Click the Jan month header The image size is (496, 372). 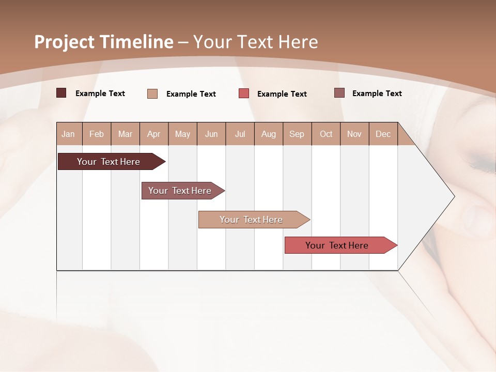[68, 134]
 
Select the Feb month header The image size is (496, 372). [97, 134]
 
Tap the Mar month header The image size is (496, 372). [125, 134]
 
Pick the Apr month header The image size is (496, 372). [153, 134]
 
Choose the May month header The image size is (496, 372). [182, 134]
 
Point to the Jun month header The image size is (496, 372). [211, 134]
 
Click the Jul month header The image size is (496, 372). [240, 134]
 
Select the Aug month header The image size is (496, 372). [269, 134]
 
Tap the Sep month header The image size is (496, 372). [297, 134]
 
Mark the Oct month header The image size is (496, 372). [326, 134]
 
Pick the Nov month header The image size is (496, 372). [354, 134]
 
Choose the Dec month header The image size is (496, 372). [383, 134]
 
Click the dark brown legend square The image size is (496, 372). [61, 93]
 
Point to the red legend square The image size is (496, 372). [244, 94]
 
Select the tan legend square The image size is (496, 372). [152, 94]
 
